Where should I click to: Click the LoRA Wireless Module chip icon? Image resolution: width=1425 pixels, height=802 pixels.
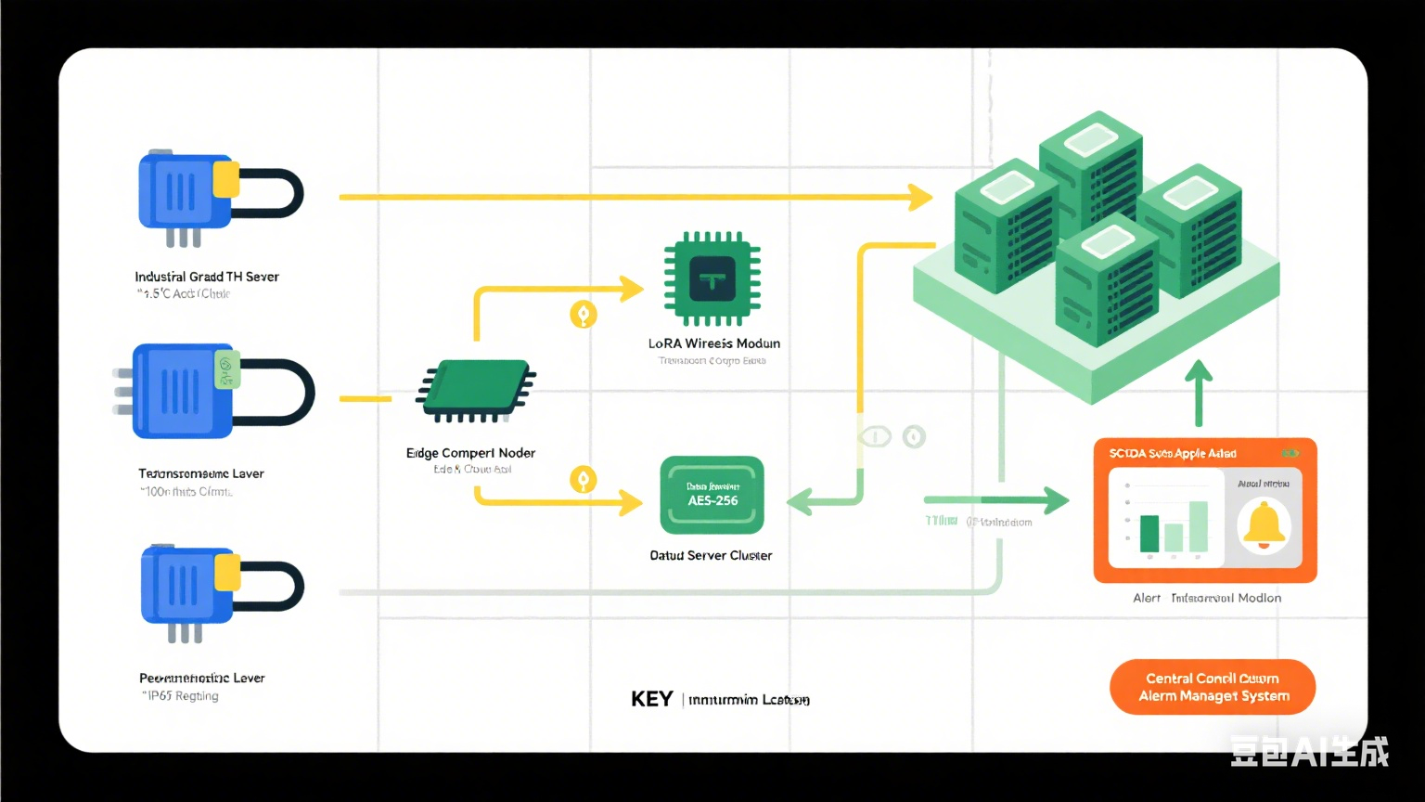coord(712,278)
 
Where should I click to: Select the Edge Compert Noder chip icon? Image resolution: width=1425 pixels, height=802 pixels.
coord(476,390)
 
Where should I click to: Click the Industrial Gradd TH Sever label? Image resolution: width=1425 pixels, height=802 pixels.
coord(206,277)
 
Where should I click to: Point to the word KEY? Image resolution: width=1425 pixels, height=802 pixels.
coord(651,699)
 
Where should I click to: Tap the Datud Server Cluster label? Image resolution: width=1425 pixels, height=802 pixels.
coord(711,555)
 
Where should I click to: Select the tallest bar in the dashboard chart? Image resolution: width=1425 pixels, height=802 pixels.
coord(1198,525)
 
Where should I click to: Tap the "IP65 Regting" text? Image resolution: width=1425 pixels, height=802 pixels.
coord(183,696)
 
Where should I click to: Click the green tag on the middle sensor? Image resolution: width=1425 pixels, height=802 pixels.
coord(225,369)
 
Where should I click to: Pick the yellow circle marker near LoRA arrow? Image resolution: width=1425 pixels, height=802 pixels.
coord(583,315)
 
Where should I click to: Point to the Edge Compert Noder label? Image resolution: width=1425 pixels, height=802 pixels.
coord(470,453)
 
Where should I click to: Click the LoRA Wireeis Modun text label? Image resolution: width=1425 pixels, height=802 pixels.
coord(713,343)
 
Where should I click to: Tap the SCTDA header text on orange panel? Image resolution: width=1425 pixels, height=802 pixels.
coord(1173,454)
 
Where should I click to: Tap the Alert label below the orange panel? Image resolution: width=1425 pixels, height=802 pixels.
coord(1147,598)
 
